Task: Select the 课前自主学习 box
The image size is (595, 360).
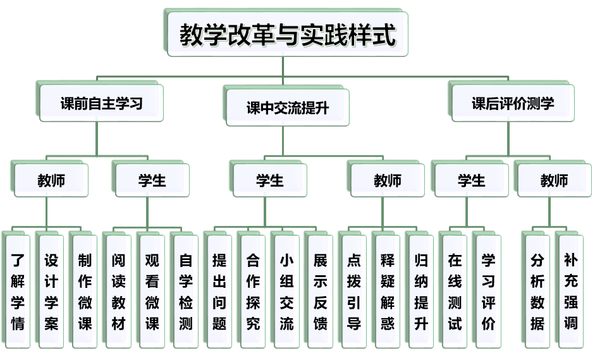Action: coord(102,104)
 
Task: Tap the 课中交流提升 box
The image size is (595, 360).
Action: coord(288,108)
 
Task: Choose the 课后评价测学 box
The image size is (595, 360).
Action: coord(513,103)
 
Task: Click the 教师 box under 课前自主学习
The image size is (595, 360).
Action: coord(51,181)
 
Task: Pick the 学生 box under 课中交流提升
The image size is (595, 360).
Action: coord(270,181)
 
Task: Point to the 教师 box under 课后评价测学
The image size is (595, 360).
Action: coord(554,181)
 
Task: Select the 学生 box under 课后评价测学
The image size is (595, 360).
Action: coord(471,181)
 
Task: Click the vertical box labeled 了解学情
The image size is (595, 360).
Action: coord(18,291)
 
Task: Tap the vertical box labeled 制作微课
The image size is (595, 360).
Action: coord(85,291)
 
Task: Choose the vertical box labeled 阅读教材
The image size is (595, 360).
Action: coord(119,291)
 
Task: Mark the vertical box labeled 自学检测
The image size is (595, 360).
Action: coord(186,291)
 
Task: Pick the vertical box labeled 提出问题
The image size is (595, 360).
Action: coord(219,291)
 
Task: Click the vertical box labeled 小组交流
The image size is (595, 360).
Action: coord(286,291)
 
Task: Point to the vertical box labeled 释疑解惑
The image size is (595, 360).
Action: coord(388,291)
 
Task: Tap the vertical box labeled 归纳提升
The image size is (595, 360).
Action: coord(421,291)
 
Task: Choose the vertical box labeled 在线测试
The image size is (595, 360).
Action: coord(455,291)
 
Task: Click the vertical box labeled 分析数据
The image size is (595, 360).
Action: coord(537,291)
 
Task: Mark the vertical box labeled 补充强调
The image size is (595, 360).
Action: coord(571,291)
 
